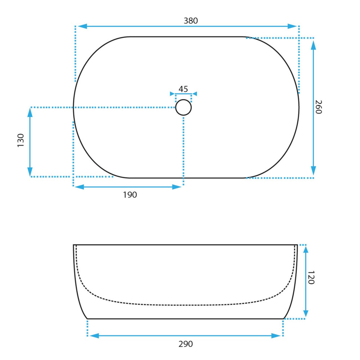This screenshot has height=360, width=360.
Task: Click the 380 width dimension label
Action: point(190,21)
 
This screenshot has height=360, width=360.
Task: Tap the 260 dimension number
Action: point(318,107)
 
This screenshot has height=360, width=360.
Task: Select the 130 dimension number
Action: point(21,140)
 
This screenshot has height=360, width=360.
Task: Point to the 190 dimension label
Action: point(130,195)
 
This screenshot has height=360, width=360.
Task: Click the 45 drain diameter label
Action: point(183,89)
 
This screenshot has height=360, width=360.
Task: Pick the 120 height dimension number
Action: point(311,277)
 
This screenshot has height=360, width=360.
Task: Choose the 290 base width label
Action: point(185,344)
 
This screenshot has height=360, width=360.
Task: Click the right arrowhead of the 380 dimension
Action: point(292,26)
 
